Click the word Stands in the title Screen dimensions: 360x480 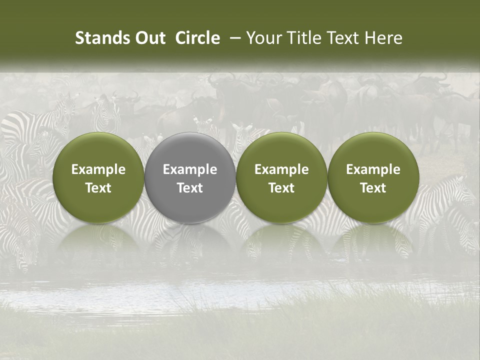tap(98, 38)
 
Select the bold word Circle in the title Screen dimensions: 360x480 tap(197, 38)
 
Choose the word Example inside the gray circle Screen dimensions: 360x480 tap(190, 169)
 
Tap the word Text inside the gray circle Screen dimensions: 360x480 tap(190, 188)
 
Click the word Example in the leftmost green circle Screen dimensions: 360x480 tap(98, 169)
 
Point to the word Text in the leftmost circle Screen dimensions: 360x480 tap(98, 188)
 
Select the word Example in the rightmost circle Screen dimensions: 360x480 tap(373, 169)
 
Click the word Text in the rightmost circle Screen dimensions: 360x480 tap(373, 188)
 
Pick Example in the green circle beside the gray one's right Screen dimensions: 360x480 tap(281, 169)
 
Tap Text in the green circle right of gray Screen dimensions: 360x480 tap(281, 188)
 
